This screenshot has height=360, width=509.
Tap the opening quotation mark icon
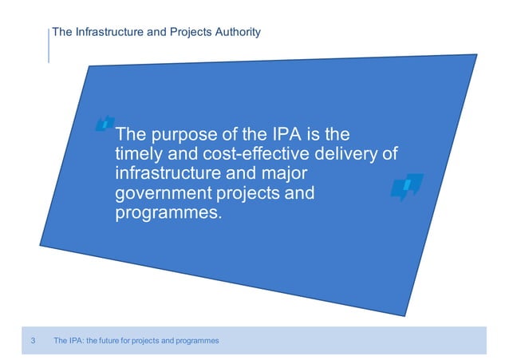(x=104, y=123)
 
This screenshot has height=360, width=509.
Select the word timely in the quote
(x=140, y=153)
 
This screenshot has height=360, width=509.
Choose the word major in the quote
(x=285, y=173)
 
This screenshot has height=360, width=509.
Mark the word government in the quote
(x=165, y=194)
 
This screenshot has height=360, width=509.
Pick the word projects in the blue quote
(x=252, y=194)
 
